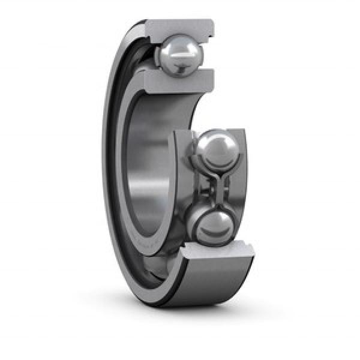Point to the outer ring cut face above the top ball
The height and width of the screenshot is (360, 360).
click(179, 28)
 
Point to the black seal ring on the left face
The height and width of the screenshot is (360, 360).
click(114, 180)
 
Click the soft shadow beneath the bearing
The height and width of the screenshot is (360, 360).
click(198, 315)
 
